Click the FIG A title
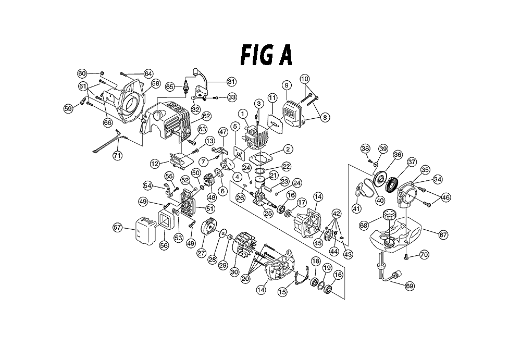(x=266, y=55)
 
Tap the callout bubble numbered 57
(x=117, y=228)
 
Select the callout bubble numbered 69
(x=410, y=286)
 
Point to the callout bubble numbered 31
(x=231, y=81)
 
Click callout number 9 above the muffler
(x=287, y=85)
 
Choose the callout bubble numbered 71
(x=117, y=155)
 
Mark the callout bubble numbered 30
(x=234, y=272)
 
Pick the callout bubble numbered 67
(x=443, y=234)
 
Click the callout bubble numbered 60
(x=82, y=73)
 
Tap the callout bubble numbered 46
(x=445, y=197)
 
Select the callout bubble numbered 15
(x=282, y=292)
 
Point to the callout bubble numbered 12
(x=155, y=164)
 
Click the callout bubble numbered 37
(x=412, y=162)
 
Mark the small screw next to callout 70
(x=407, y=256)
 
